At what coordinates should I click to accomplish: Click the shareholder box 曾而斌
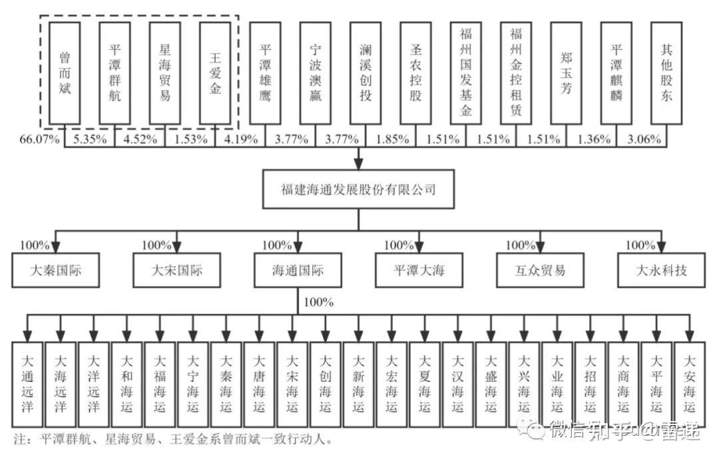65,73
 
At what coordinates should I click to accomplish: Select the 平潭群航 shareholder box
115,73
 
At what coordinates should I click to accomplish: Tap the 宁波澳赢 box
316,73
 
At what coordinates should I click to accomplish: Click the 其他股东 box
666,73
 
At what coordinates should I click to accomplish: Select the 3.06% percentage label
644,140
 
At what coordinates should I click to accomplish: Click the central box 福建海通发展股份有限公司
358,190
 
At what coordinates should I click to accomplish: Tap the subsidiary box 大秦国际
56,271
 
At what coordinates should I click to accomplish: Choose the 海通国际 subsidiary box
298,271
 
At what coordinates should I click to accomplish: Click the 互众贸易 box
540,271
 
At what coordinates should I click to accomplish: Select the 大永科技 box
661,271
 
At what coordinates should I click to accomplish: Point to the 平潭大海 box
419,271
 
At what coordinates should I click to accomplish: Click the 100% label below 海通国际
318,303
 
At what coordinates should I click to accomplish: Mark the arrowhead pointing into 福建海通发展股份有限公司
358,162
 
